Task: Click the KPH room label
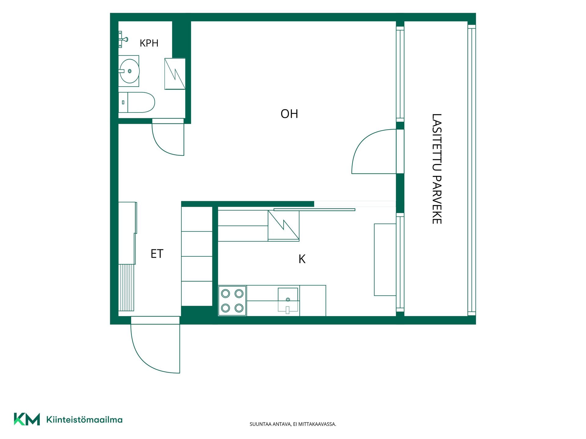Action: click(149, 43)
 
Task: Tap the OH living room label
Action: click(289, 114)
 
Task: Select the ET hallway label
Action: click(157, 254)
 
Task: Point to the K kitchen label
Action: click(302, 259)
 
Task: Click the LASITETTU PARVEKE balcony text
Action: click(437, 169)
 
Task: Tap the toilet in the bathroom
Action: click(136, 102)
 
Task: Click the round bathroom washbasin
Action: click(129, 71)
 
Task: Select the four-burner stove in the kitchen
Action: click(232, 301)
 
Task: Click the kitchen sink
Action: click(288, 300)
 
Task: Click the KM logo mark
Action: click(27, 419)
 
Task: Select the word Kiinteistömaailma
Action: click(84, 420)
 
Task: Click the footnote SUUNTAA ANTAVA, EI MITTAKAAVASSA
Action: click(293, 424)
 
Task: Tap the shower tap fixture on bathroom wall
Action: click(123, 39)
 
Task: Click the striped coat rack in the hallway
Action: click(126, 287)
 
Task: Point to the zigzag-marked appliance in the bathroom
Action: click(175, 74)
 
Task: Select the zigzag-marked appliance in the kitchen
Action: click(284, 226)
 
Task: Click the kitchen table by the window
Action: click(385, 260)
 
